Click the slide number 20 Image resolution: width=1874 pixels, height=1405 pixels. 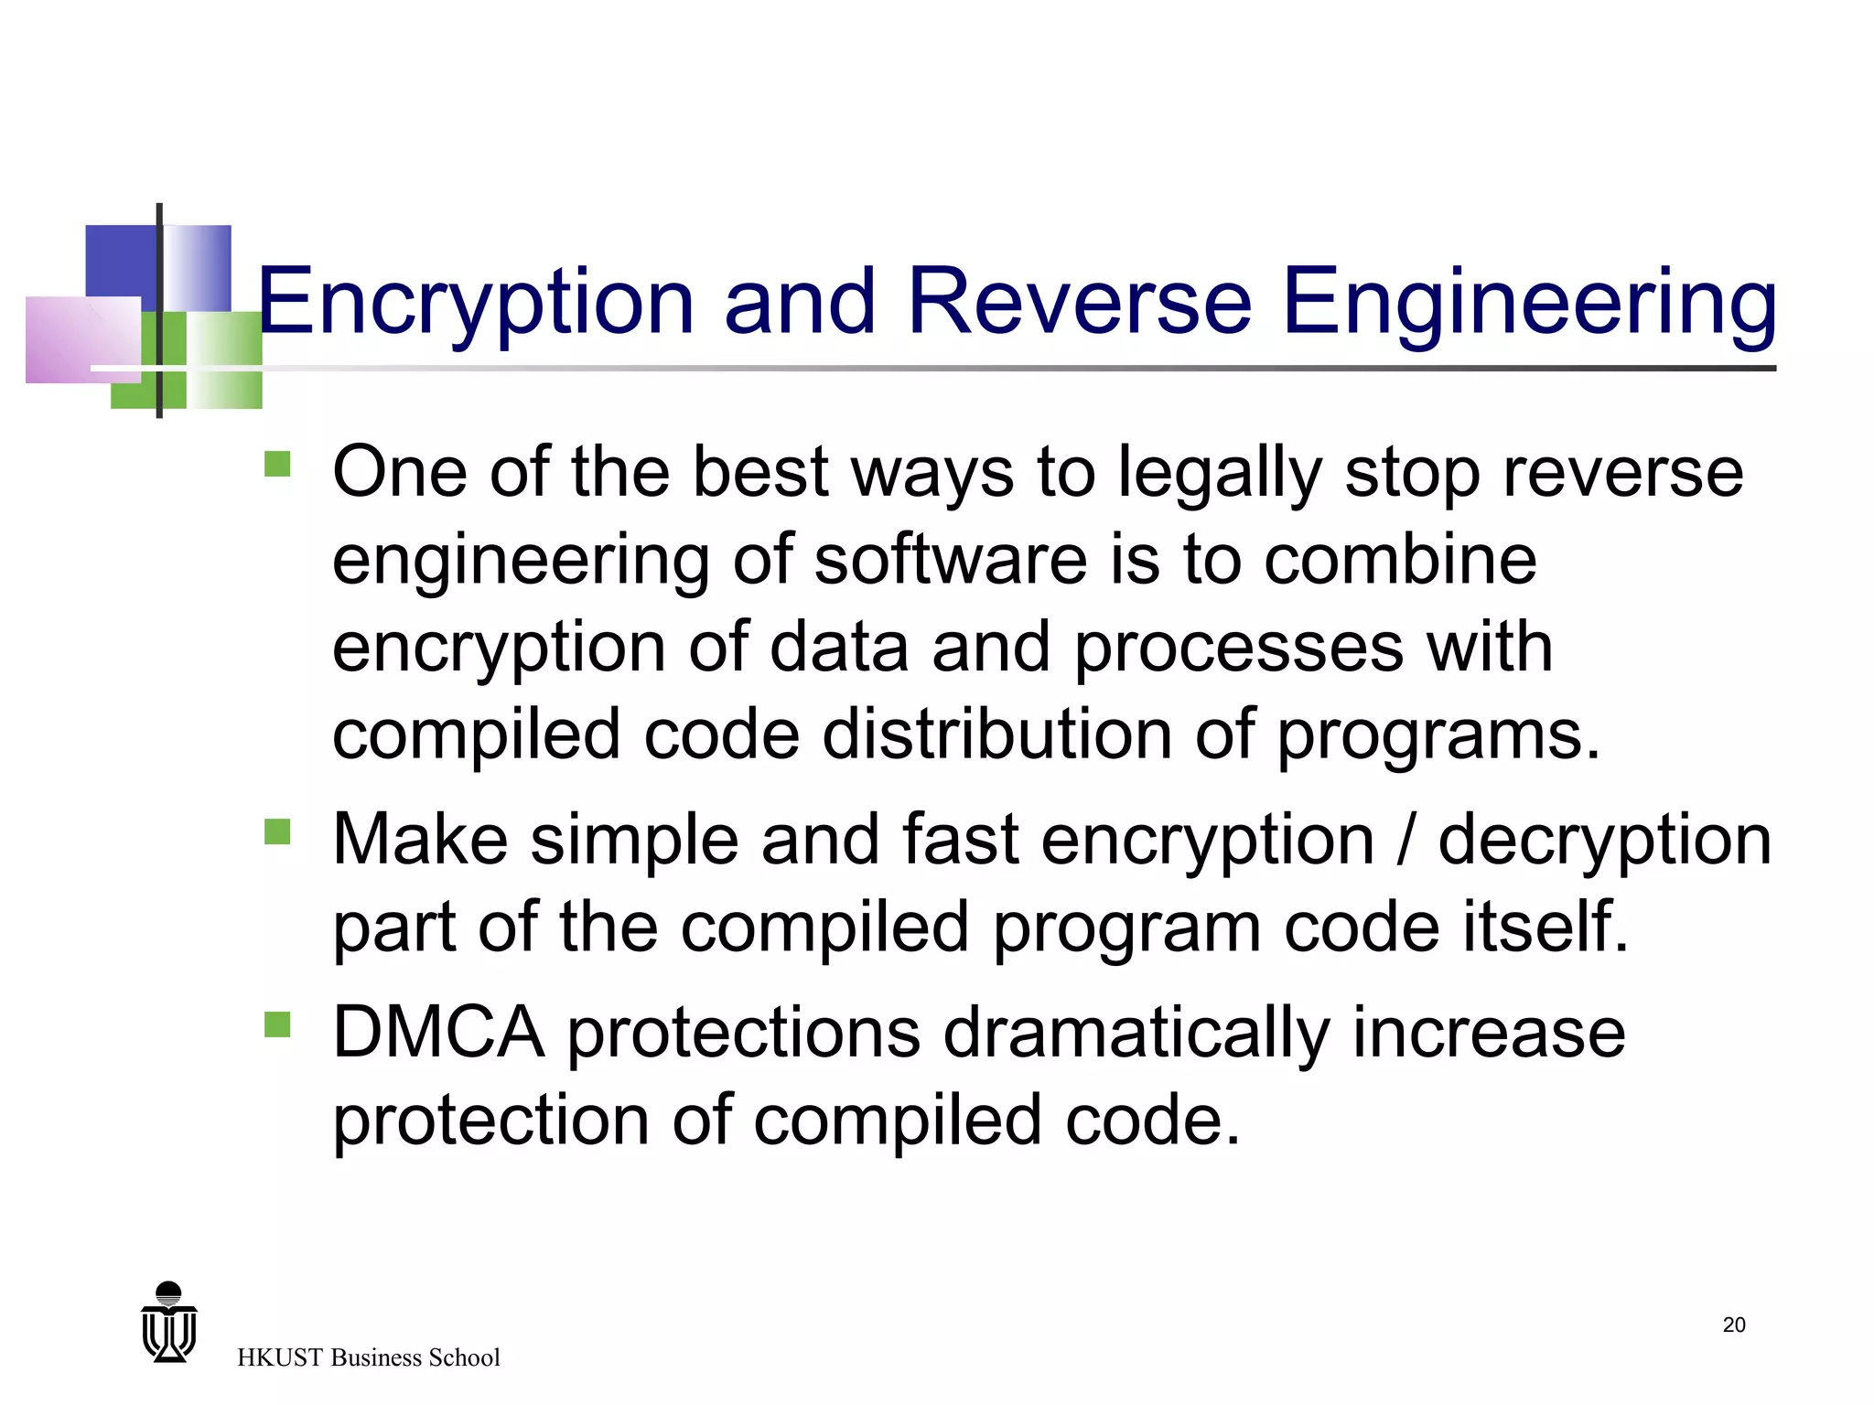[1733, 1325]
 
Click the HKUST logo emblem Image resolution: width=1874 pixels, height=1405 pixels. [169, 1323]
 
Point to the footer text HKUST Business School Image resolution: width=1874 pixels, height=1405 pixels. [368, 1357]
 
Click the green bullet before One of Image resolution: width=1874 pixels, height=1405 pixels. [277, 465]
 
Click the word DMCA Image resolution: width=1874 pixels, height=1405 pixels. [438, 1033]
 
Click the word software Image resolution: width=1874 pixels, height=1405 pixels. [950, 560]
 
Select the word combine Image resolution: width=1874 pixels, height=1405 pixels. [1400, 560]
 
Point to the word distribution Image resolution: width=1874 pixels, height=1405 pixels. [996, 735]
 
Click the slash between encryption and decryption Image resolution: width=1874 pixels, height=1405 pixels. [1405, 840]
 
